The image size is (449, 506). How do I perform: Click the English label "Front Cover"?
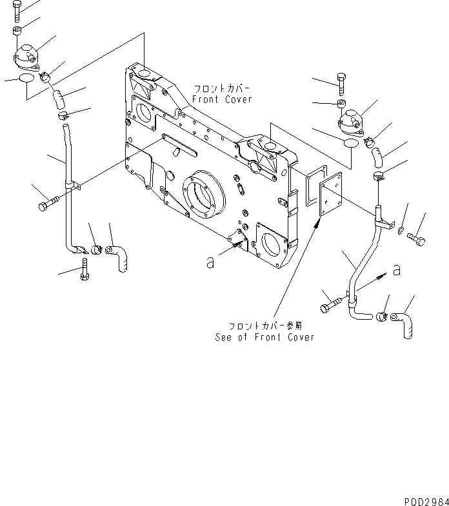(222, 100)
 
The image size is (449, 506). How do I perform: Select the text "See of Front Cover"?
(264, 337)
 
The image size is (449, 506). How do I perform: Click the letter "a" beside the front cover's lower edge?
(210, 262)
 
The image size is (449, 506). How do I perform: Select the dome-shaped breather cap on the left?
(27, 56)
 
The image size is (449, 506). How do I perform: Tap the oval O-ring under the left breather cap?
(26, 79)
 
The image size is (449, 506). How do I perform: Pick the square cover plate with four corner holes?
(333, 197)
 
